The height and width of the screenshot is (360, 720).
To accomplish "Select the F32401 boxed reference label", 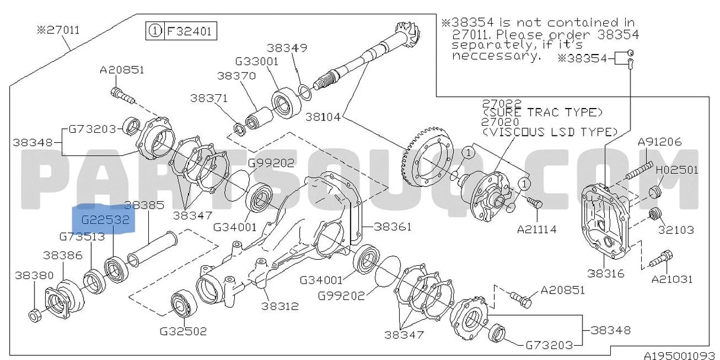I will click(x=190, y=31).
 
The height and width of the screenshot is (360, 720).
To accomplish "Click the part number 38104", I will click(x=323, y=117).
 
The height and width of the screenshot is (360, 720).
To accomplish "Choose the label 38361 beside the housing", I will click(x=392, y=227).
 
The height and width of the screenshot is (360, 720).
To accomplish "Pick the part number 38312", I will click(x=279, y=306).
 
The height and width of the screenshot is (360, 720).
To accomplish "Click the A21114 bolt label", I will click(x=536, y=229).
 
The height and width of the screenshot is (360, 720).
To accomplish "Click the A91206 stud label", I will click(x=660, y=142).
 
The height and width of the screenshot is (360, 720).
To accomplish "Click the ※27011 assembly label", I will click(x=58, y=30).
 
